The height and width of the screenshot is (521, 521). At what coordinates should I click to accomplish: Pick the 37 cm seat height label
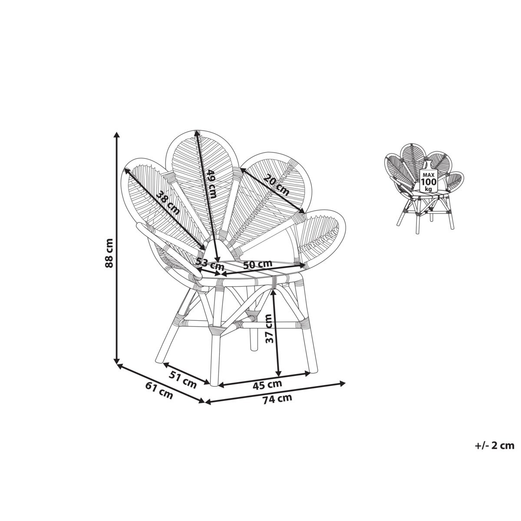coord(269,328)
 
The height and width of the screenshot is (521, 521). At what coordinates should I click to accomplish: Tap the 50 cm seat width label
coord(257,264)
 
